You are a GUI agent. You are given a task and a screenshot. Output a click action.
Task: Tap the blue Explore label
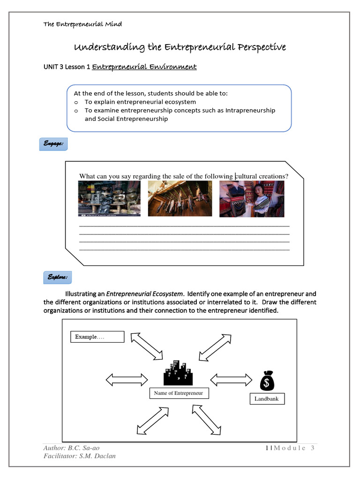[x=57, y=277]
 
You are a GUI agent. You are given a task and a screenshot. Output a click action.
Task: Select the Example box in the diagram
[x=97, y=337]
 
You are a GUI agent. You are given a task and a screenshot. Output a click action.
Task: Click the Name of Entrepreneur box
[x=179, y=393]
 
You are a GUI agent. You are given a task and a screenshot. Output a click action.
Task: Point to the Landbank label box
[x=267, y=399]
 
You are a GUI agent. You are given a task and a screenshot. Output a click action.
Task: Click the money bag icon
[x=267, y=381]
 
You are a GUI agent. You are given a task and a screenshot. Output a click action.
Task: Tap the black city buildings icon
[x=178, y=372]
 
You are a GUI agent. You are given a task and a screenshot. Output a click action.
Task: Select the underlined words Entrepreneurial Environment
[x=144, y=67]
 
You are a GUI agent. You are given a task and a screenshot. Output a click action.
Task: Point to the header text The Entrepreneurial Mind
[x=82, y=24]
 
